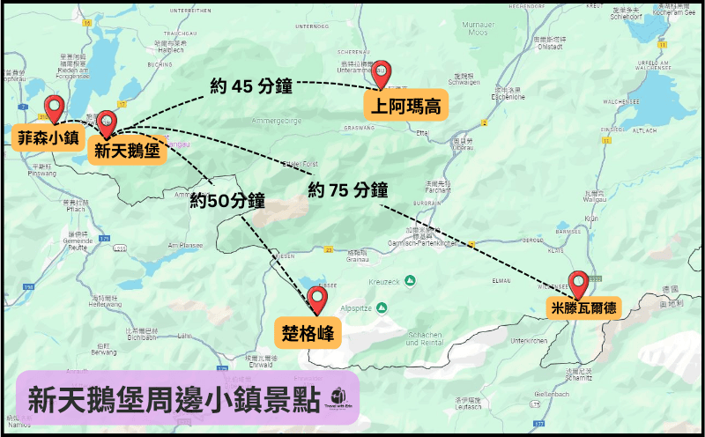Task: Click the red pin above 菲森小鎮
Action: [56, 108]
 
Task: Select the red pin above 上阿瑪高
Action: [381, 74]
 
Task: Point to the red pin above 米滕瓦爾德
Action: [579, 284]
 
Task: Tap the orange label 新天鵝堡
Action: [127, 151]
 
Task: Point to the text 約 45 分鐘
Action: [251, 85]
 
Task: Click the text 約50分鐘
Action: [227, 200]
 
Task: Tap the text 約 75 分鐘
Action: [349, 189]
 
